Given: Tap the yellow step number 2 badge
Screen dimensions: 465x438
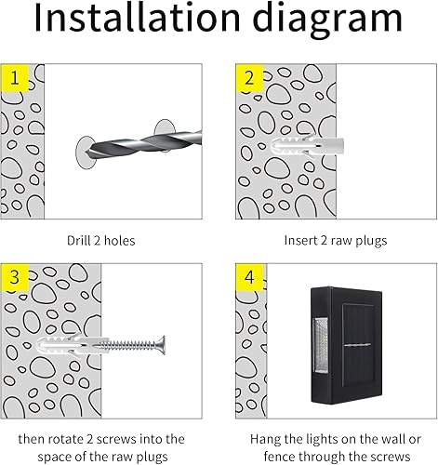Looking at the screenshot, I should click(248, 78).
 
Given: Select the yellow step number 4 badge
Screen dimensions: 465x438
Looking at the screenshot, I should click(248, 278).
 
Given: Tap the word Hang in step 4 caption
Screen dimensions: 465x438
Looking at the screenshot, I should click(265, 438).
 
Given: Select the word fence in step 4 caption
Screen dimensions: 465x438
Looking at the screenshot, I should click(268, 456).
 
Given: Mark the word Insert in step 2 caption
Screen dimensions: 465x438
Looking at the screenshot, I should click(300, 240).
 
